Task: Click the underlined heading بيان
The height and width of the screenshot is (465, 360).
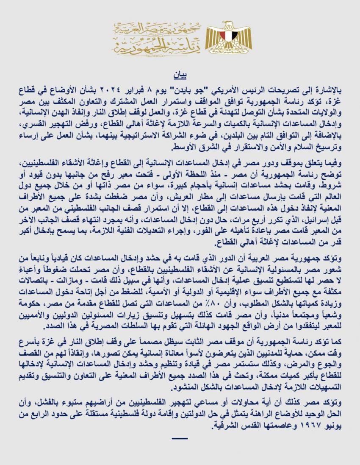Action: (180, 77)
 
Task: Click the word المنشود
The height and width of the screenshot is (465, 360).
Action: (187, 381)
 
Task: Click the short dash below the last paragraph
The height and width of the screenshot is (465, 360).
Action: (180, 438)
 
